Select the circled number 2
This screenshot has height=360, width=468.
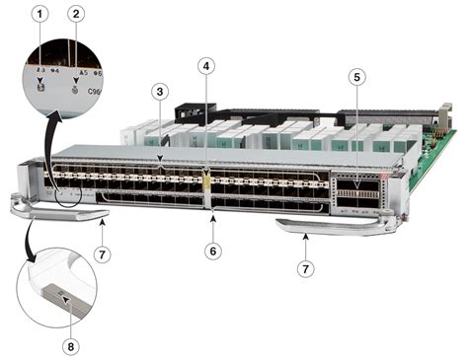[76, 15]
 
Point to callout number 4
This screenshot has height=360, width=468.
[205, 66]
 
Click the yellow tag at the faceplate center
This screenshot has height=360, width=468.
[206, 181]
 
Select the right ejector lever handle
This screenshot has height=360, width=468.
[316, 228]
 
